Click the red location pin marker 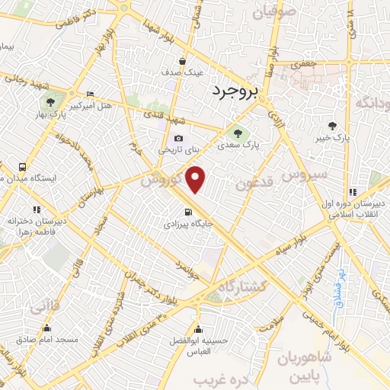coord(197,180)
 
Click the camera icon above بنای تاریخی coord(178,139)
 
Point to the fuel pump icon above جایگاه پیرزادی coord(187,213)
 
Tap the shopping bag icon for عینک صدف coord(183,61)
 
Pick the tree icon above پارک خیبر coord(332,126)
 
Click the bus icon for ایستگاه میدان coord(22,167)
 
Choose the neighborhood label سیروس coord(305,175)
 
